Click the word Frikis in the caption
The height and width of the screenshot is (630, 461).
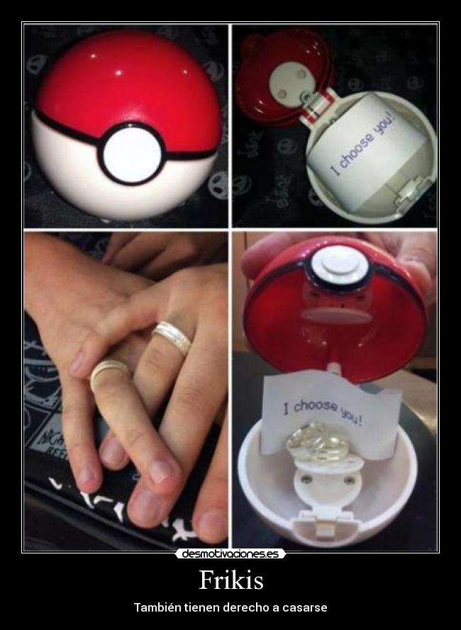(231, 580)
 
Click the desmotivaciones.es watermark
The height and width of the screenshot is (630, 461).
(230, 554)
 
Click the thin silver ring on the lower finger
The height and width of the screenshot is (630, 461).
(107, 371)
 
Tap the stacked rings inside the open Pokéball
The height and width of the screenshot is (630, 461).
(318, 442)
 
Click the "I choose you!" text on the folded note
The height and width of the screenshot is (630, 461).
(323, 412)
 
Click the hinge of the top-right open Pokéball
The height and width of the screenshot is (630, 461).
(318, 106)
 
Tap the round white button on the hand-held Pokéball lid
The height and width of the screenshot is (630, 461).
(337, 264)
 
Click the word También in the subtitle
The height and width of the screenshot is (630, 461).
(157, 607)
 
